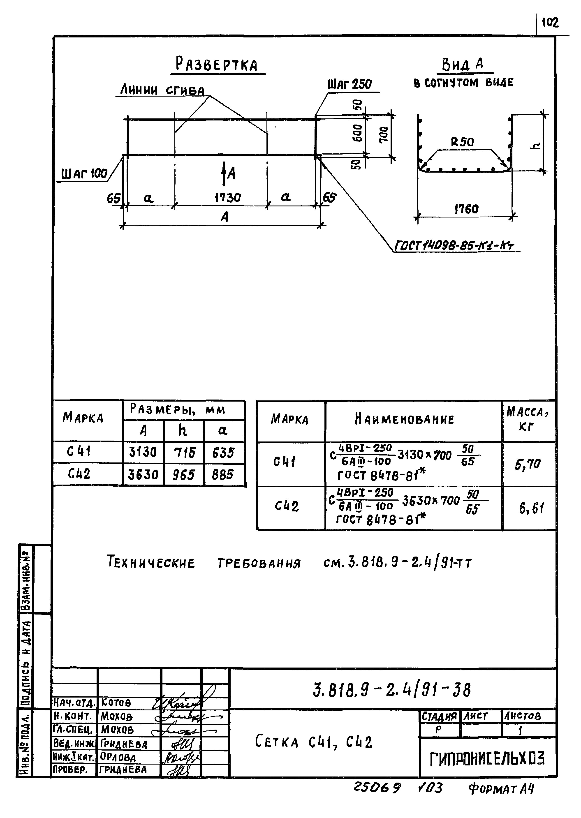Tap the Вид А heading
[x=463, y=64]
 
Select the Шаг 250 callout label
[x=350, y=84]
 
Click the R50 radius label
[x=462, y=142]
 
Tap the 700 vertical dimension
[x=383, y=135]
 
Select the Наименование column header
[x=404, y=419]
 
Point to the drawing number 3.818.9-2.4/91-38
[x=392, y=690]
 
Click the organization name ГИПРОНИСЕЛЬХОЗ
[x=487, y=759]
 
